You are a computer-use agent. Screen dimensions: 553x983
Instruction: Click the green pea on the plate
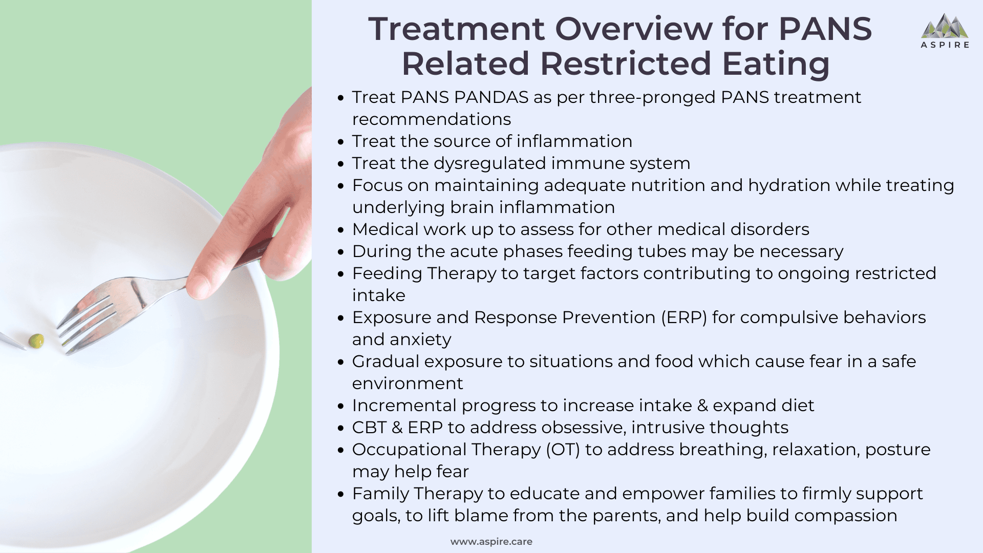pyautogui.click(x=36, y=341)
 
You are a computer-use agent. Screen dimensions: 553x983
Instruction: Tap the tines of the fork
pyautogui.click(x=84, y=323)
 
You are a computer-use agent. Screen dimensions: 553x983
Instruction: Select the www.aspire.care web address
pyautogui.click(x=491, y=541)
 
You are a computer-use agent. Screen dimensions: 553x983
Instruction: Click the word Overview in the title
pyautogui.click(x=633, y=29)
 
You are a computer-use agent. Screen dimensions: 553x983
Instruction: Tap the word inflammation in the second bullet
pyautogui.click(x=574, y=141)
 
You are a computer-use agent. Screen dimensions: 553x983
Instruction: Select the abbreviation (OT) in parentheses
pyautogui.click(x=563, y=450)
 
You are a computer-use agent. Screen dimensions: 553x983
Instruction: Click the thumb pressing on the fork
pyautogui.click(x=202, y=282)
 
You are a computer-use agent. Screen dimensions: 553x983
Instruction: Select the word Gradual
pyautogui.click(x=385, y=361)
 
